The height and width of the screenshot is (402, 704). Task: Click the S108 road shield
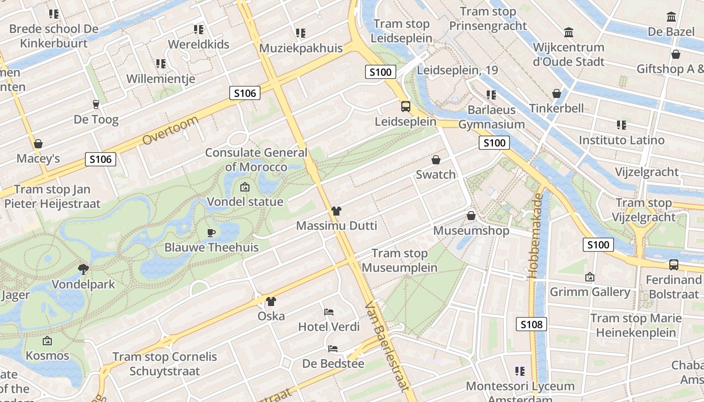click(532, 324)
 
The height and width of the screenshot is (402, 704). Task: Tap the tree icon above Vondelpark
click(83, 269)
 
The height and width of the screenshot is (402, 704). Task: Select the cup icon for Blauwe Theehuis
click(211, 233)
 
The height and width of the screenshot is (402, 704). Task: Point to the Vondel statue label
click(245, 202)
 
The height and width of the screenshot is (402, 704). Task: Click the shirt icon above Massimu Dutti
click(336, 211)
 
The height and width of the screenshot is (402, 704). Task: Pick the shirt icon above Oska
click(271, 301)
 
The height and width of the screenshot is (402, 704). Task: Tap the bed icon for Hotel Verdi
click(329, 312)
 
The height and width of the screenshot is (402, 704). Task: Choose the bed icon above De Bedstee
click(333, 348)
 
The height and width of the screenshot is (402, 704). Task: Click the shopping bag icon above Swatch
click(436, 160)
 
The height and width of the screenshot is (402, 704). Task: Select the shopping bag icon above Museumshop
click(471, 216)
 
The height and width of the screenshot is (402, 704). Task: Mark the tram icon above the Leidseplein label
click(405, 107)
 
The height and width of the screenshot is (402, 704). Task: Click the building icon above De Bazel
click(671, 17)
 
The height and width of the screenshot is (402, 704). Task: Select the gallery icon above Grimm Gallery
click(590, 277)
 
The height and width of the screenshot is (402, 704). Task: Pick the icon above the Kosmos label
click(47, 341)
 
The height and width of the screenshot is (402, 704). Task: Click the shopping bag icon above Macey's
click(38, 144)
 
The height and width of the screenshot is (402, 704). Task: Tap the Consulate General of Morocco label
click(256, 160)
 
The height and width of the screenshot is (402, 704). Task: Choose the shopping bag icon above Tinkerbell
click(557, 93)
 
